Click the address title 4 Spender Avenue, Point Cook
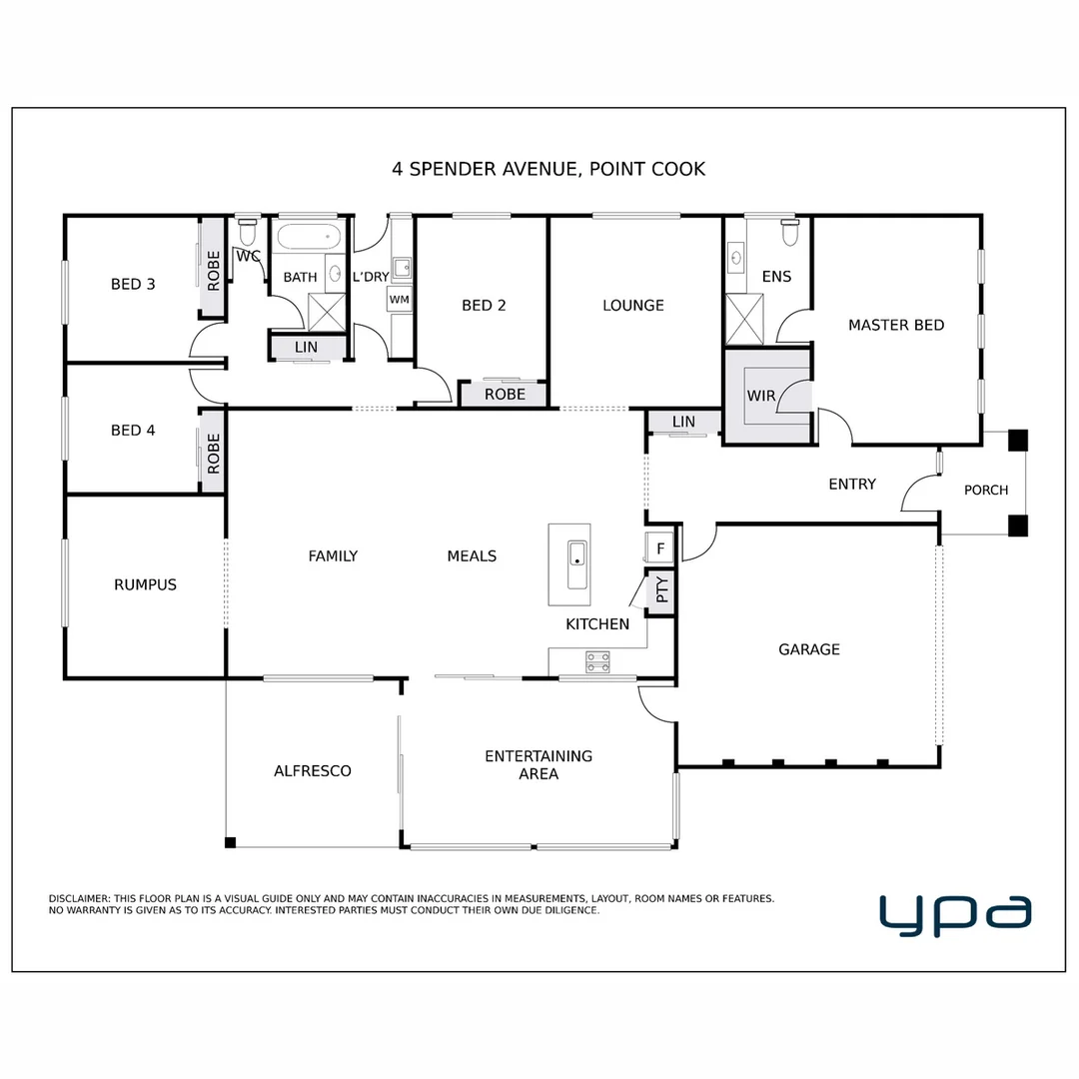[548, 169]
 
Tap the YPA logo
[954, 914]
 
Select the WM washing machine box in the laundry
[400, 299]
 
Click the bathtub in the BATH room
[308, 238]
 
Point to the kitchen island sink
[577, 565]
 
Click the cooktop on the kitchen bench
[597, 660]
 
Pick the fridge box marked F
[659, 547]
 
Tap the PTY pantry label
[661, 592]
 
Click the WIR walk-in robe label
[761, 396]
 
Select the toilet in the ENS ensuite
[790, 232]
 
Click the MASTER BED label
[895, 325]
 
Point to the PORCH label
[985, 490]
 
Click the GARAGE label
[808, 649]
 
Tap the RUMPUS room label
[145, 584]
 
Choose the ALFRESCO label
[312, 770]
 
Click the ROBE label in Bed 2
[505, 395]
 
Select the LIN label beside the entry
[683, 423]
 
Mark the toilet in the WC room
[247, 231]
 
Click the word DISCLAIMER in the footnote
[80, 899]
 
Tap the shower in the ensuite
[743, 319]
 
